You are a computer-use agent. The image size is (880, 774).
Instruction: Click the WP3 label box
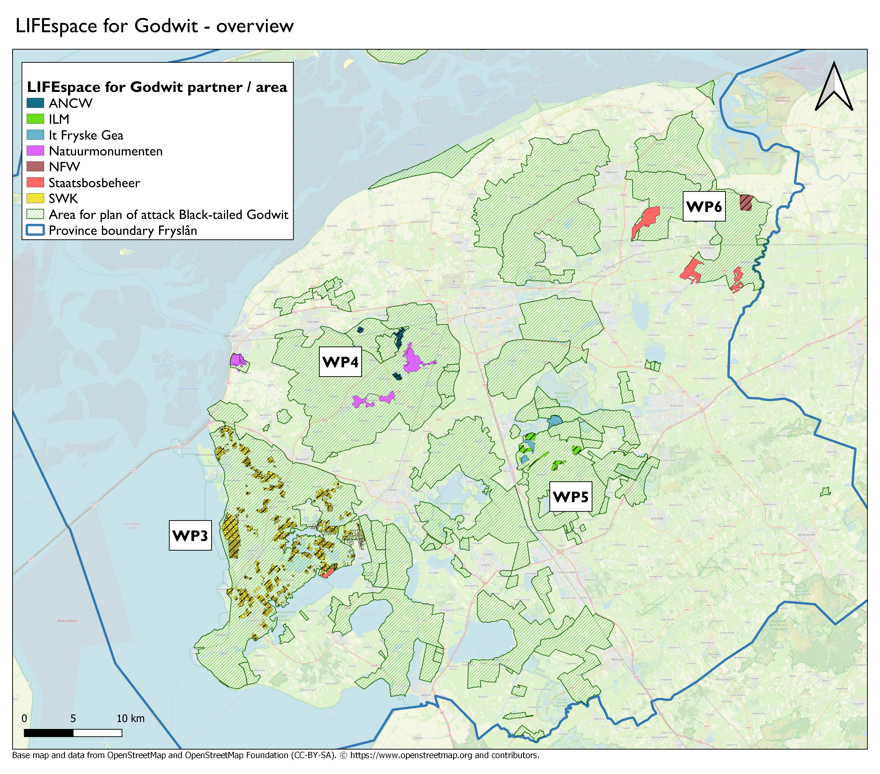point(190,536)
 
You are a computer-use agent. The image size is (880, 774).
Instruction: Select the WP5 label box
point(570,497)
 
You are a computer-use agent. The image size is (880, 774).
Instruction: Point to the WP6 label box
point(704,207)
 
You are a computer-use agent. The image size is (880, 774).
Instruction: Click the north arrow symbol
point(834,87)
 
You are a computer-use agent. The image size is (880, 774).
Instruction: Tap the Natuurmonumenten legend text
point(106,151)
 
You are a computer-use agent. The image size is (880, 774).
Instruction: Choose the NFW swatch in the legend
point(35,167)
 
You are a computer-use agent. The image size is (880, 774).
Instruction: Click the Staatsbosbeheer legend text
point(94,183)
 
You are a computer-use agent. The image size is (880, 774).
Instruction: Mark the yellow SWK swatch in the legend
point(35,198)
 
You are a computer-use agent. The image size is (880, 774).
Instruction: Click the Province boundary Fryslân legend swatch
point(35,230)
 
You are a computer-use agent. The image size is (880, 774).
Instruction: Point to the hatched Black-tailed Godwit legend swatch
point(35,214)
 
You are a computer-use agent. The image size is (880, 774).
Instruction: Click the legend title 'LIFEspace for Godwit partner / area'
point(157,87)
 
